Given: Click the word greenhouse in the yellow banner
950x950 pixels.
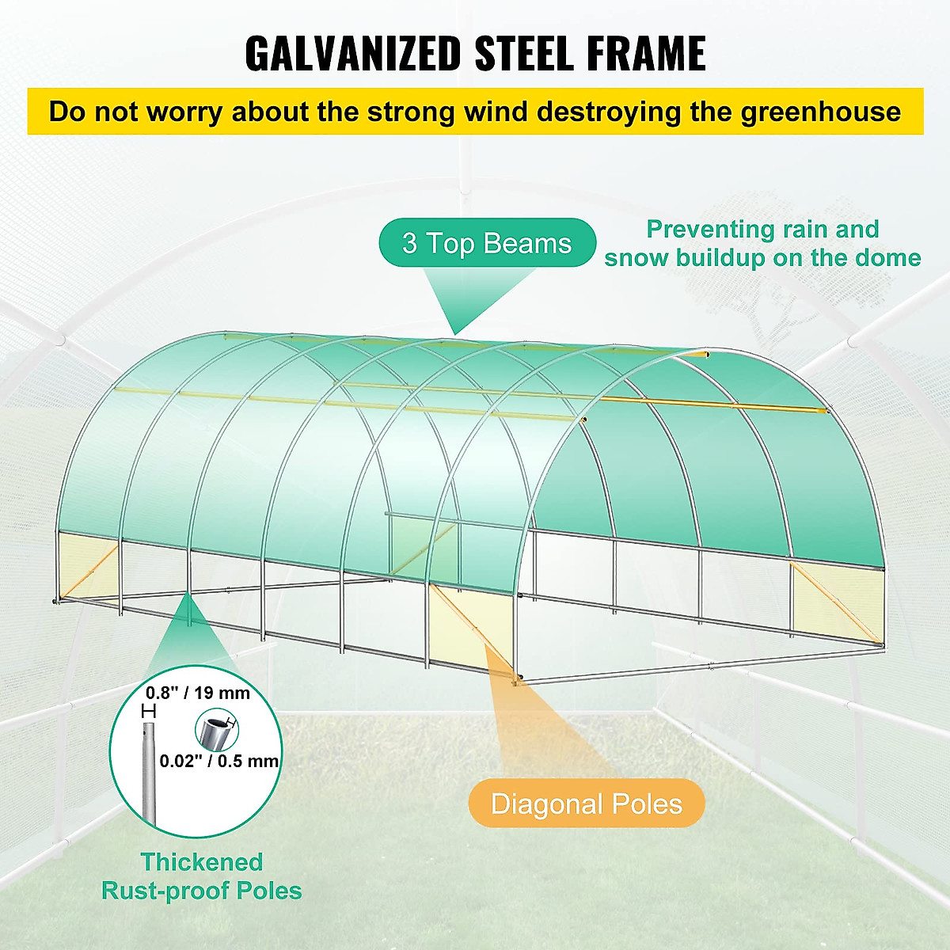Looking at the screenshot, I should [x=821, y=112].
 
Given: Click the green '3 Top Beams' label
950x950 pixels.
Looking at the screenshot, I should [x=486, y=243].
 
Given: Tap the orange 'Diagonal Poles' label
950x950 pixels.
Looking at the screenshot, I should [x=586, y=804].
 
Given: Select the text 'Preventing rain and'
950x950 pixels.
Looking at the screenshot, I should [x=762, y=229].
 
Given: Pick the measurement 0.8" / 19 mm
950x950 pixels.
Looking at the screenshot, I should [x=197, y=693].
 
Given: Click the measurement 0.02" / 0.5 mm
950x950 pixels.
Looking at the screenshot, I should [x=219, y=761].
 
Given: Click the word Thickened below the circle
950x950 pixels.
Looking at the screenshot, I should [x=201, y=861].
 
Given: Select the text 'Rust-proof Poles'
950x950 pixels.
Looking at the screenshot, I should [x=201, y=891].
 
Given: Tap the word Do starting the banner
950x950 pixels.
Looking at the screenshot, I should [x=66, y=112].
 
